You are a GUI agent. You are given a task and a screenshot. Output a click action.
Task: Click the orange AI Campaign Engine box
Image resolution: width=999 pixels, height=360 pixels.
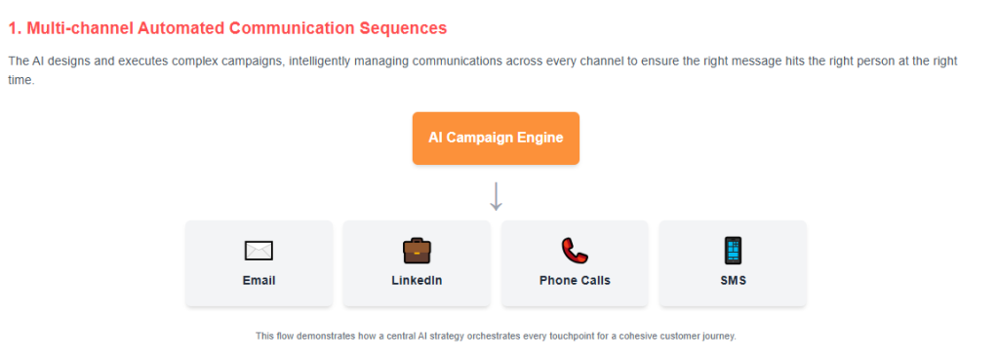pos(496,138)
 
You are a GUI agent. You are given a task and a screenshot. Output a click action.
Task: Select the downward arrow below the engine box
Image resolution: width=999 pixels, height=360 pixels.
pos(496,195)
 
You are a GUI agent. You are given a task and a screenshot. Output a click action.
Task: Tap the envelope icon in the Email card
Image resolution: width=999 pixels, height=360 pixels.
pos(259,251)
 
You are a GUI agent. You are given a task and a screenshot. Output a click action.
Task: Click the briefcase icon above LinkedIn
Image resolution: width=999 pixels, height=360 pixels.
pos(417,251)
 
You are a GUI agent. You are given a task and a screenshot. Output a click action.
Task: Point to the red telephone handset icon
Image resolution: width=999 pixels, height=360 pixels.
pos(575,251)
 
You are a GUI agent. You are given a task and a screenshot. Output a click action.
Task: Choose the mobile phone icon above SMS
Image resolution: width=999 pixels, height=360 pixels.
pos(733,251)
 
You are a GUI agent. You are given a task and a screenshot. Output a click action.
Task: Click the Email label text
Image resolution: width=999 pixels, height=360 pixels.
pos(259,280)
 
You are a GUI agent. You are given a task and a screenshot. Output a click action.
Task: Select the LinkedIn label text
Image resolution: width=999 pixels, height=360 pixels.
pos(417,280)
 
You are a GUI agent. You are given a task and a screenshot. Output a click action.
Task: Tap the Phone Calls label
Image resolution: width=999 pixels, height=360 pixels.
pos(575,280)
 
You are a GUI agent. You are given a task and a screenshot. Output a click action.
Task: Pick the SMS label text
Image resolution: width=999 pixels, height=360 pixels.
pos(733,280)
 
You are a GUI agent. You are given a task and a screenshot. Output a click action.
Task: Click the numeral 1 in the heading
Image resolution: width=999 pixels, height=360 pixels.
pos(13,28)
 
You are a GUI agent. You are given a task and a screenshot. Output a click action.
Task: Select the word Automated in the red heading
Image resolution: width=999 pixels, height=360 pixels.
pos(175,28)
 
